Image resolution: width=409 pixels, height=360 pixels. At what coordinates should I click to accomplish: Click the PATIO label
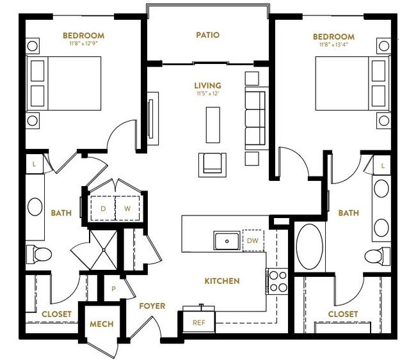(207, 35)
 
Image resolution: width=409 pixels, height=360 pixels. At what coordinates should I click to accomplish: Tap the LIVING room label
(207, 86)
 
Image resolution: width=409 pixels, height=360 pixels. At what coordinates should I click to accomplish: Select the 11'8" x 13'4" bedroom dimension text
(333, 45)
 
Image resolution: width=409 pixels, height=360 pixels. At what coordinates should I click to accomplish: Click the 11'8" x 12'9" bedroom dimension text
(83, 43)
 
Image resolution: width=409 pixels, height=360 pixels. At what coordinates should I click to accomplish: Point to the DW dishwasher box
(253, 240)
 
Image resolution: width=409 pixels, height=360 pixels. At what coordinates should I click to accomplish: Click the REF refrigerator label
(199, 323)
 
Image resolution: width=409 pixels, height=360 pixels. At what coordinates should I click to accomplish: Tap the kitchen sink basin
(227, 241)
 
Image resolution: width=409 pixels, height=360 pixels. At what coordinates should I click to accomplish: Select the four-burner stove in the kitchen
(278, 281)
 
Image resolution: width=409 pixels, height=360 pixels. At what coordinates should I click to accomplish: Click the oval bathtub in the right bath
(310, 246)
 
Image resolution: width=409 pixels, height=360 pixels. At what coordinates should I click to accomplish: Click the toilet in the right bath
(377, 256)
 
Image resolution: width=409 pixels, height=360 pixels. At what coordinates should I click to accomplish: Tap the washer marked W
(127, 208)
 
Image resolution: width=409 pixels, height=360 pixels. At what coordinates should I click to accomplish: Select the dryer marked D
(103, 208)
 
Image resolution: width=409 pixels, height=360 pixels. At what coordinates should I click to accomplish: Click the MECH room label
(102, 324)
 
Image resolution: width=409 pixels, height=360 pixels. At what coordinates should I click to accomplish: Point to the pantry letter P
(113, 289)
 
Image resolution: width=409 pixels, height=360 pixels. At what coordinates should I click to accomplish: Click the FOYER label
(152, 306)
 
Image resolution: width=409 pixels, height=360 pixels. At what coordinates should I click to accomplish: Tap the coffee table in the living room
(213, 125)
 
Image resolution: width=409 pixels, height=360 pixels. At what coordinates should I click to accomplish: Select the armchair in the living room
(213, 165)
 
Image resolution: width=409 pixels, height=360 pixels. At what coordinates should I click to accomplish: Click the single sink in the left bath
(35, 207)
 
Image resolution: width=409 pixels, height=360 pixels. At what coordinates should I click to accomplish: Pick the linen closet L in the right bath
(382, 165)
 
